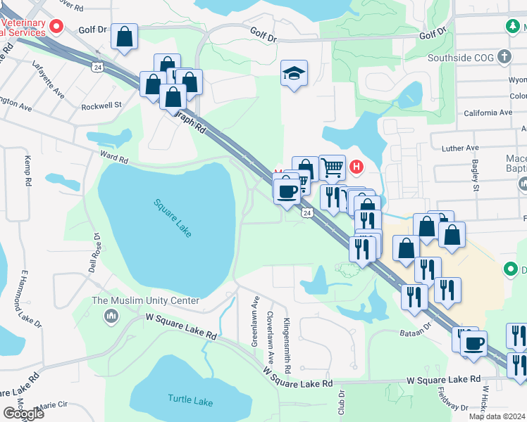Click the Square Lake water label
coord(173,218)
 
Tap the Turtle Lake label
coord(190,400)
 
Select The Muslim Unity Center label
coord(146,301)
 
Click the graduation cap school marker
coord(294,73)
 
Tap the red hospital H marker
coord(356,167)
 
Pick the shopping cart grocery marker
coord(332,167)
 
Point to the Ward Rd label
coord(116,159)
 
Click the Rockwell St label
coord(101,105)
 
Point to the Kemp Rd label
coord(28,170)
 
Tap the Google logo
coord(23,414)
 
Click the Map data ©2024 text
coord(497,416)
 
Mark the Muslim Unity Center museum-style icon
coord(111,316)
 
